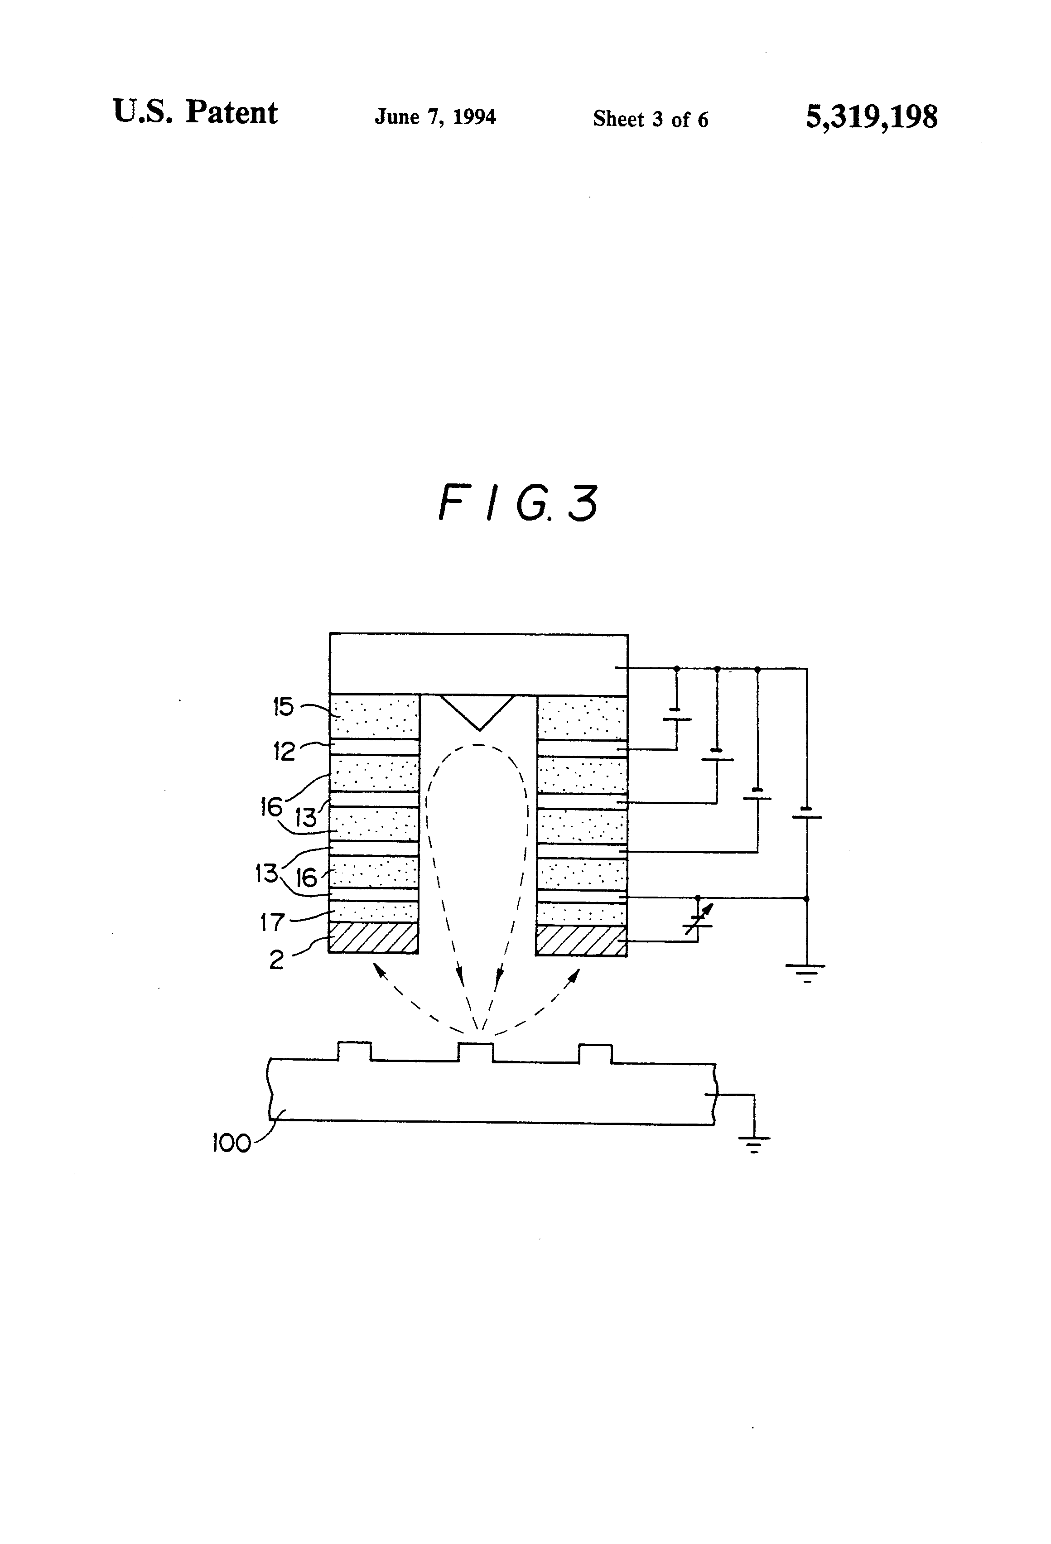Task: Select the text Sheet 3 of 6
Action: (x=651, y=119)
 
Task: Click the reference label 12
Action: (x=284, y=752)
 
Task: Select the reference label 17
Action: (x=272, y=922)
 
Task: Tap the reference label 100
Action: (x=231, y=1143)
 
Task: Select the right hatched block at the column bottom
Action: (x=581, y=940)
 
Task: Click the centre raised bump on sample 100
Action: (x=476, y=1052)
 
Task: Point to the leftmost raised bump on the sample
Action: (x=354, y=1052)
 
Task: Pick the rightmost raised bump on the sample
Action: (x=595, y=1053)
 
